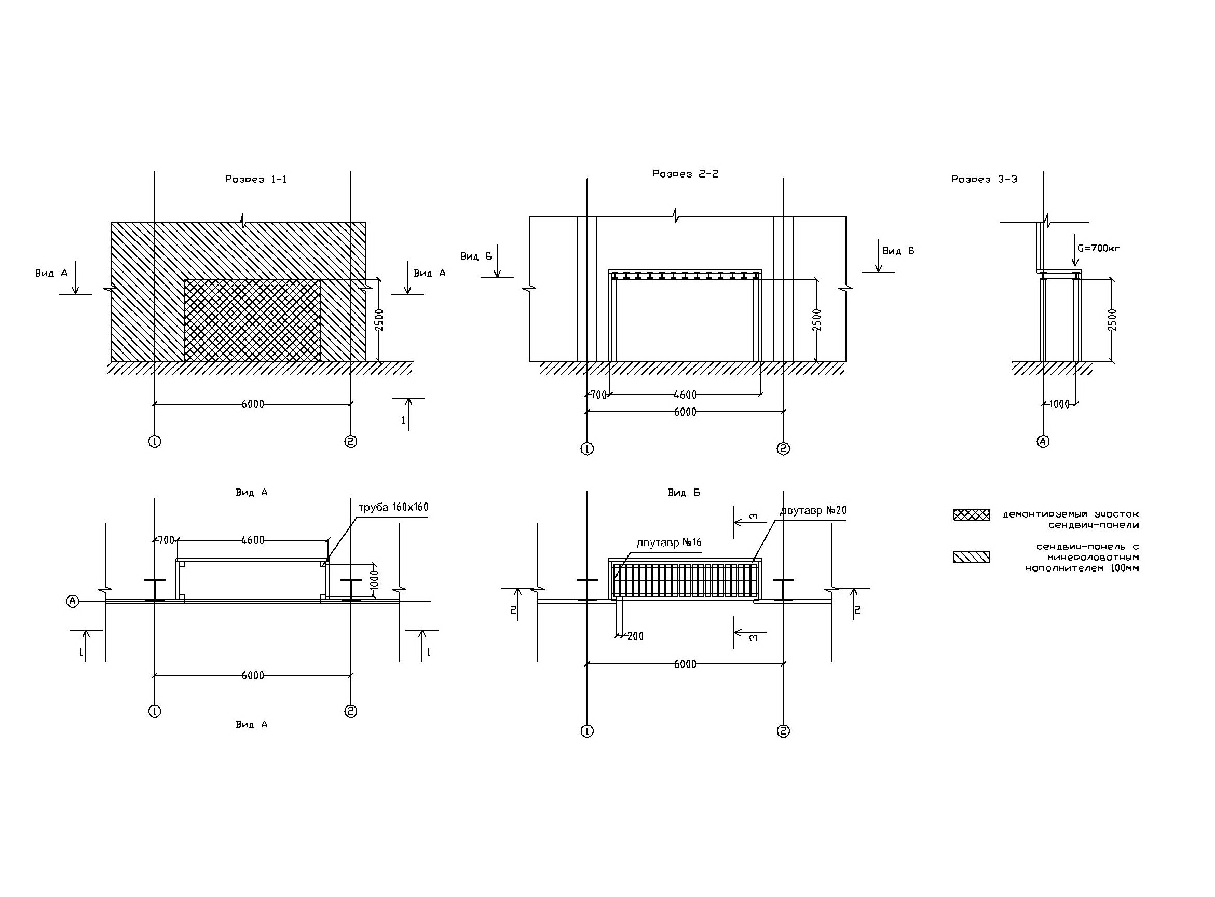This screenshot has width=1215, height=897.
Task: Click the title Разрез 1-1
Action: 256,179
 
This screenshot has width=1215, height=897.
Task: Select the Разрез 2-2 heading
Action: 685,174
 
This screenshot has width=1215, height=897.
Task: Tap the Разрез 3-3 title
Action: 984,179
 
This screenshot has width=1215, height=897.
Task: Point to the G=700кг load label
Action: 1098,249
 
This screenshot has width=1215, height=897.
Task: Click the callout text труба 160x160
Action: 393,507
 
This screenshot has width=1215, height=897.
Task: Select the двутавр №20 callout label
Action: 813,511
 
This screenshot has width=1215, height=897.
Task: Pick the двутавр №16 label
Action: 669,542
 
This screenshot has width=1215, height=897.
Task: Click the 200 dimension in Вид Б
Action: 635,636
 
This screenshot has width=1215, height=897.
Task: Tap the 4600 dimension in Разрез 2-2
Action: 685,395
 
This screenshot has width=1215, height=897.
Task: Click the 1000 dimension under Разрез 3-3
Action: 1059,404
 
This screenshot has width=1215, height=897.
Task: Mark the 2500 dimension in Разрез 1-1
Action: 379,320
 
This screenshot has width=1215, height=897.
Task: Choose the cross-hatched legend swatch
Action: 972,514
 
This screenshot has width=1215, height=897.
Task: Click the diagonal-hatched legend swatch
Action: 972,557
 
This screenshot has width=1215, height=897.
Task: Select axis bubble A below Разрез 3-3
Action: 1043,441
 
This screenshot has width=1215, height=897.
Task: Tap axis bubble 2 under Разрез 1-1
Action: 351,441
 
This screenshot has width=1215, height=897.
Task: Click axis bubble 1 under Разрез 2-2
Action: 587,449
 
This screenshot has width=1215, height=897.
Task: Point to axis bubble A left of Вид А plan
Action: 72,601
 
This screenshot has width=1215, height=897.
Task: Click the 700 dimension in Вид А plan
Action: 166,540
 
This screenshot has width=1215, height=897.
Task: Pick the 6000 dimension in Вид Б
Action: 685,664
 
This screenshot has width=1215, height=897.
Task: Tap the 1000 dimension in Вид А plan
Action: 374,580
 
